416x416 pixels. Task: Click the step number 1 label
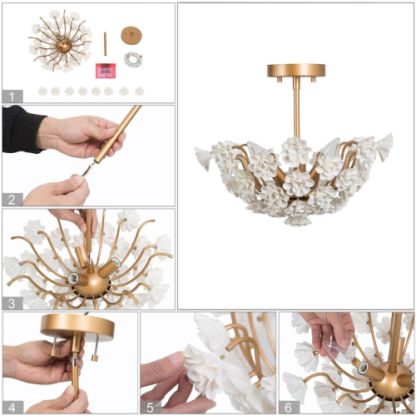click(11, 96)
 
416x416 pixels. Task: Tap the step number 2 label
click(11, 199)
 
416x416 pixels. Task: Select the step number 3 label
click(11, 303)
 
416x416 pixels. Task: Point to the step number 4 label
click(11, 407)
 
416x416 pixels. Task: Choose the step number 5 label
click(149, 407)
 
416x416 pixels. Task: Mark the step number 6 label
click(288, 407)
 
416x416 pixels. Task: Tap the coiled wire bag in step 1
click(132, 60)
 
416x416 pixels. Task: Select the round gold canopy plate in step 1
click(131, 35)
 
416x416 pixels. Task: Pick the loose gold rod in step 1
click(105, 41)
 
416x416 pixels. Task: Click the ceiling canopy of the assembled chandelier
click(295, 71)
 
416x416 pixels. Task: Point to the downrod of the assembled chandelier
click(295, 108)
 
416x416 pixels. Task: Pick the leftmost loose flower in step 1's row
click(42, 91)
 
